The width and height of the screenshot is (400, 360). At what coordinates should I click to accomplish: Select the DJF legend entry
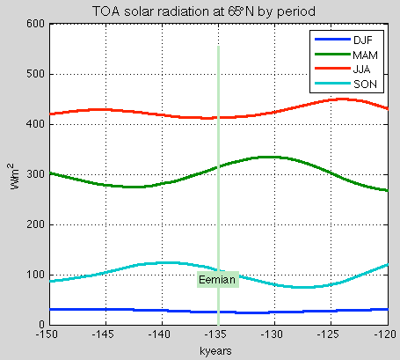coord(362,40)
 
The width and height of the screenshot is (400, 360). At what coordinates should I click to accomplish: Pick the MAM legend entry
coord(362,55)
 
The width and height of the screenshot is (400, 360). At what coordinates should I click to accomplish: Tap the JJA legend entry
coord(362,70)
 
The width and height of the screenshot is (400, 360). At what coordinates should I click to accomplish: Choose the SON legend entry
coord(362,85)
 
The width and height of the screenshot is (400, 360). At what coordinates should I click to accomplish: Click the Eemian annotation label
coord(217,280)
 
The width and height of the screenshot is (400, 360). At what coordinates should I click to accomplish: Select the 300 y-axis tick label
coord(34,174)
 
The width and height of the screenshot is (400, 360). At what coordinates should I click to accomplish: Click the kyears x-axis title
coord(217,349)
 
